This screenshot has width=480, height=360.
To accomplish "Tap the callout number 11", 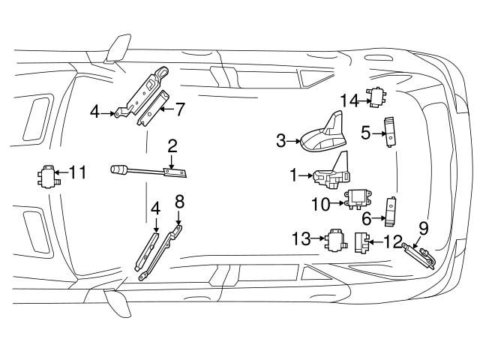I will pyautogui.click(x=77, y=172).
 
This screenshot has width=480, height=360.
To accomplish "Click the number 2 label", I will pyautogui.click(x=172, y=145).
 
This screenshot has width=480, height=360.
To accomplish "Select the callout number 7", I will pyautogui.click(x=180, y=109).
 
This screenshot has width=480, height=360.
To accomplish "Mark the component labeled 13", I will pyautogui.click(x=332, y=240).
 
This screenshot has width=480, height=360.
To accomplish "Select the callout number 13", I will pyautogui.click(x=301, y=239).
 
